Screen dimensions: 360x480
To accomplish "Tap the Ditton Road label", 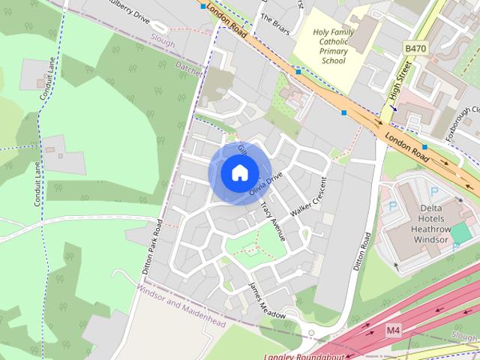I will (362, 251).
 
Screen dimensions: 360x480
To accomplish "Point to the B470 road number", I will (415, 48).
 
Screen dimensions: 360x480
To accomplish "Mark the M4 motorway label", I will (394, 329).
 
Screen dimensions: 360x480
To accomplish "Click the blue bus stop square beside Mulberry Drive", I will (202, 5).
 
